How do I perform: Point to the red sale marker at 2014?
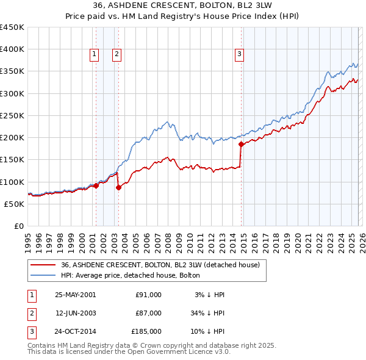tap(241, 145)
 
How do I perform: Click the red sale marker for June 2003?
tap(118, 187)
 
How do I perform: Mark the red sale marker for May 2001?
tap(96, 185)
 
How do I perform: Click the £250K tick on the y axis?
tap(13, 115)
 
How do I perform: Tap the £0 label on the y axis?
tap(19, 226)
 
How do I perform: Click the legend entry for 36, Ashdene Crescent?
tap(160, 265)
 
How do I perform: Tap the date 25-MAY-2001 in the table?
tap(75, 295)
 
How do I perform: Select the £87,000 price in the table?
tap(148, 313)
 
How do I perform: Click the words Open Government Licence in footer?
tap(181, 352)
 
